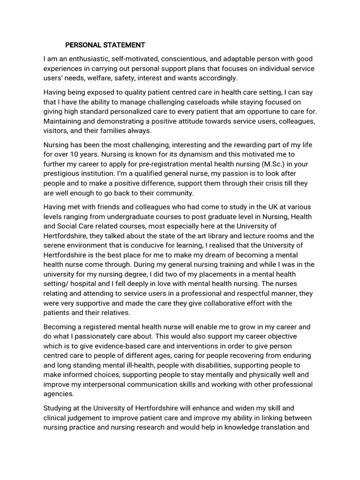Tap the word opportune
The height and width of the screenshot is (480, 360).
pos(248,112)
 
